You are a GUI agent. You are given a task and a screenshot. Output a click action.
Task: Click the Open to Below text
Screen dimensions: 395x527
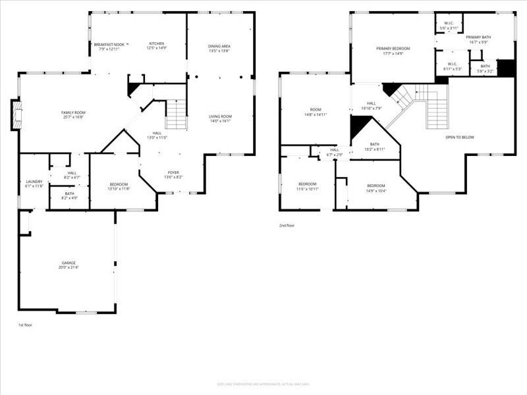pyautogui.click(x=460, y=137)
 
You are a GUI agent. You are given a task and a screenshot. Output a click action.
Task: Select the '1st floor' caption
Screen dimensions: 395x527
pyautogui.click(x=25, y=325)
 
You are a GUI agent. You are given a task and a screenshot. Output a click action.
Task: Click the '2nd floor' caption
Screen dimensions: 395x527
pyautogui.click(x=287, y=225)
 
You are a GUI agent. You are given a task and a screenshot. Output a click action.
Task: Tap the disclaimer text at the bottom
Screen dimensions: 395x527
pyautogui.click(x=263, y=384)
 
